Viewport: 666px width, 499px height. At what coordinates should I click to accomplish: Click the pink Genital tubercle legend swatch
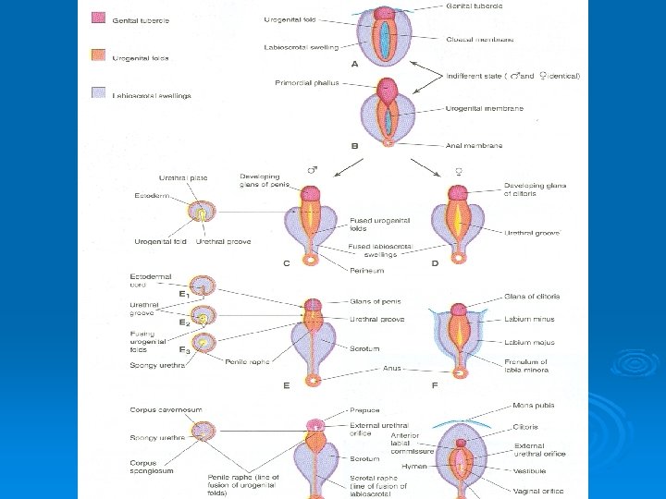(x=97, y=18)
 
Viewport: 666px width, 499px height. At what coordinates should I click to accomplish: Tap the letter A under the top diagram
(x=354, y=65)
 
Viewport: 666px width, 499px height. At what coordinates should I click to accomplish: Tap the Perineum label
(x=366, y=271)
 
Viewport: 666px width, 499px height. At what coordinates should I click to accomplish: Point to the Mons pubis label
(x=534, y=406)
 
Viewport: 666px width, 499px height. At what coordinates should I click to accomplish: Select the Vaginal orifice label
(x=538, y=491)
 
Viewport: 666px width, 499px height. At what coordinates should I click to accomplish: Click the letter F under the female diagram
(x=434, y=383)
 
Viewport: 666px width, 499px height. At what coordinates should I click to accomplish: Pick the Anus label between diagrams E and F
(x=392, y=368)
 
